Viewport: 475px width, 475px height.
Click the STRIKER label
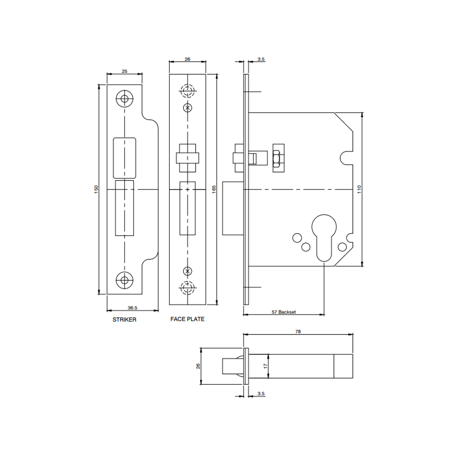click(x=124, y=320)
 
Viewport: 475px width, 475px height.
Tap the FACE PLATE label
click(x=187, y=319)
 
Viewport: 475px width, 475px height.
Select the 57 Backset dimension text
click(x=284, y=312)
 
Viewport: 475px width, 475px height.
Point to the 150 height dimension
click(x=96, y=190)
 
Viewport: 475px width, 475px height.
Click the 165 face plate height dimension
click(x=214, y=190)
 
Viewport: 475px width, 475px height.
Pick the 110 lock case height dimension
click(x=359, y=190)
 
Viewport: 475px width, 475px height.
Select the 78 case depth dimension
click(x=298, y=332)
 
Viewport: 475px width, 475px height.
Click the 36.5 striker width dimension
click(x=133, y=308)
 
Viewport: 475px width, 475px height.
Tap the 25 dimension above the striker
click(x=124, y=72)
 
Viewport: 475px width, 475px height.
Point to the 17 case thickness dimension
click(x=266, y=366)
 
